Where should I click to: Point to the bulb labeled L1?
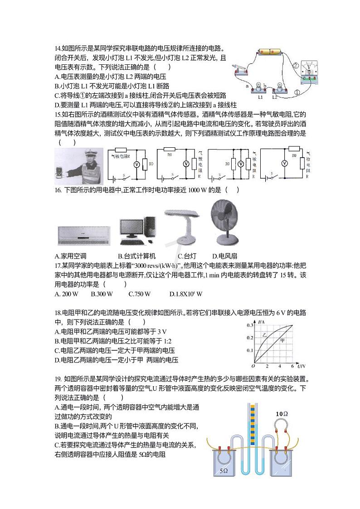[x=260, y=89]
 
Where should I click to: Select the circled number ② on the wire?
[x=296, y=66]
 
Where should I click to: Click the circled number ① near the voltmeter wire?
[x=297, y=92]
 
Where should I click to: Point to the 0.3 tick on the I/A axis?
[x=250, y=325]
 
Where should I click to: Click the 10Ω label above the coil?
[x=282, y=414]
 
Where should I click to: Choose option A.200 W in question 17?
[x=66, y=294]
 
